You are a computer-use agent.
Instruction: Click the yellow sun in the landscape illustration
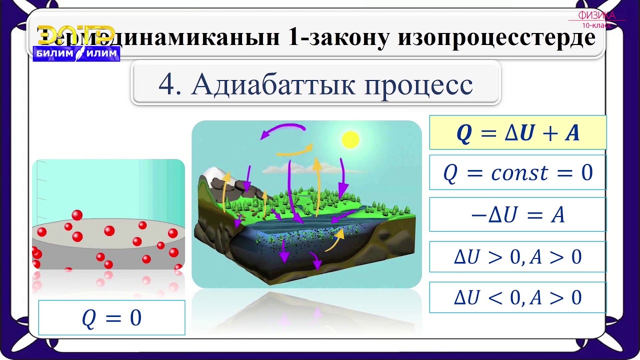click(x=350, y=139)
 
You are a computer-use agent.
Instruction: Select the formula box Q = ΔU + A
click(x=517, y=133)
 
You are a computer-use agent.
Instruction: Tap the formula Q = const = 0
click(x=517, y=173)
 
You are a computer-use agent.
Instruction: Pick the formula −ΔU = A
click(x=517, y=215)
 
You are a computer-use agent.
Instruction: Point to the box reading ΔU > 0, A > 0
click(x=517, y=257)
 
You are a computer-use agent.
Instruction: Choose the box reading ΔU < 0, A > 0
click(x=517, y=297)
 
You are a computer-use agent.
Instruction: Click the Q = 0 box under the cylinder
click(x=111, y=318)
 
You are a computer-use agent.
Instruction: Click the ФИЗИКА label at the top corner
click(x=596, y=15)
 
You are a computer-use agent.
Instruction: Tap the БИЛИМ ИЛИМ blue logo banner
click(x=76, y=54)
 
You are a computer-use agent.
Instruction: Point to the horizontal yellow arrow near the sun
click(x=295, y=150)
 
